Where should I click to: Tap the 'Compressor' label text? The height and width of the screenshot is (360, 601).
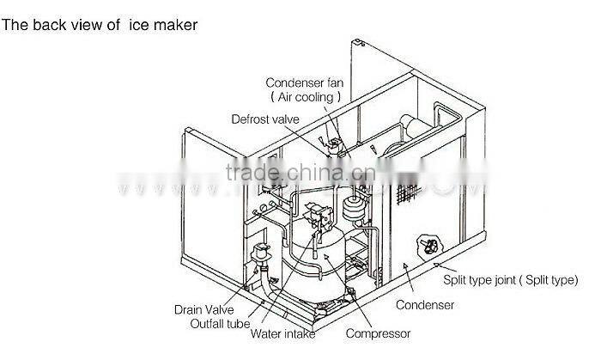coord(378,333)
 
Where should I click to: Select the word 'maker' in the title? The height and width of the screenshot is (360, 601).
coord(176,26)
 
